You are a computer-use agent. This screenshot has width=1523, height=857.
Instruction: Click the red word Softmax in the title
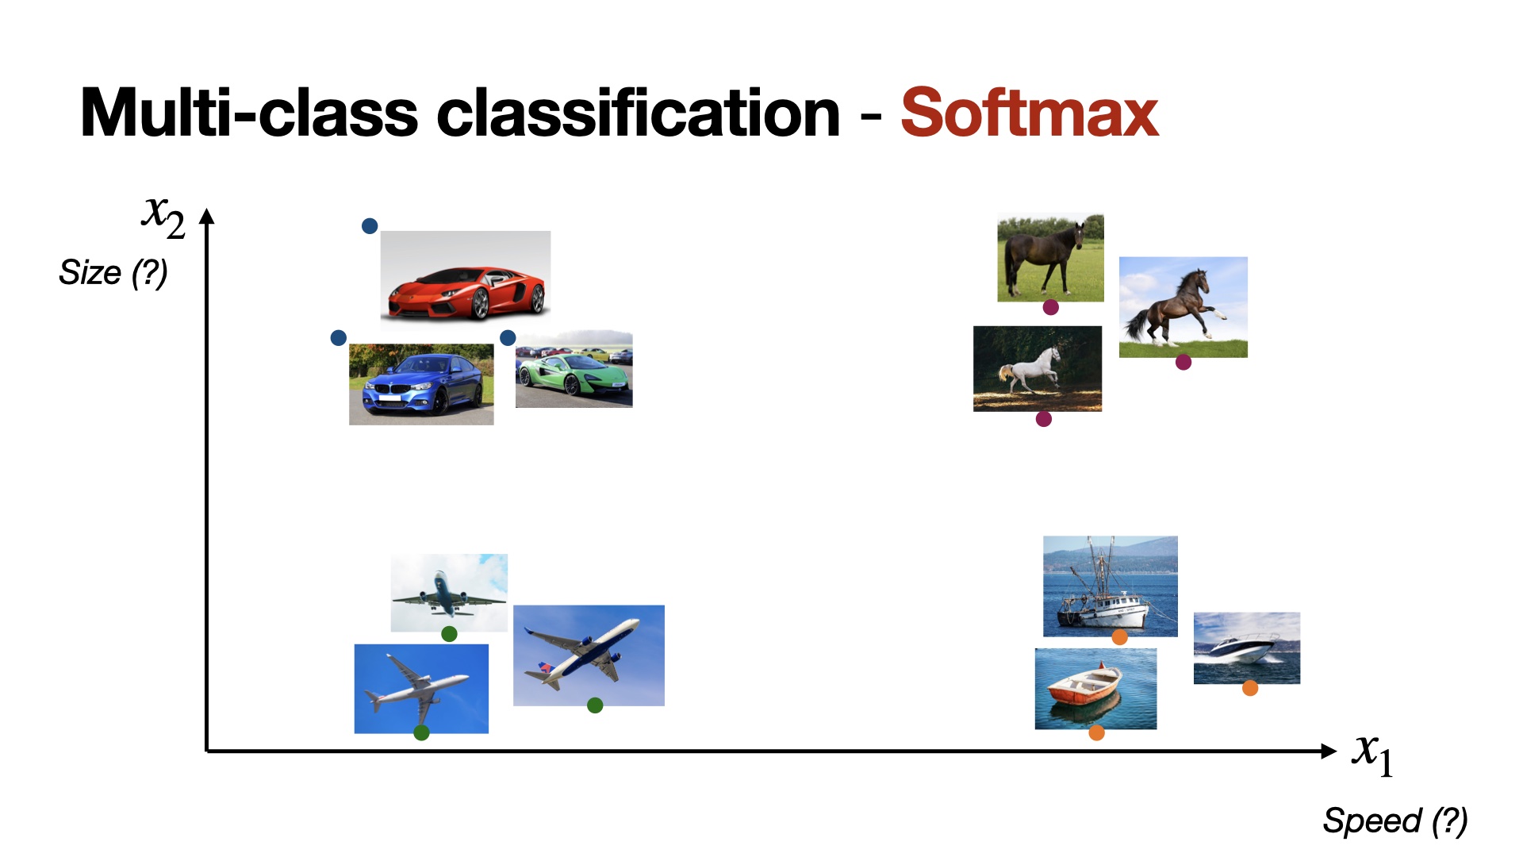point(1029,113)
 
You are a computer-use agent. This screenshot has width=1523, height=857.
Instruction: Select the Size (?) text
point(113,273)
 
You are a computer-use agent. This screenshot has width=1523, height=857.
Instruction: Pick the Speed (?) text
point(1395,820)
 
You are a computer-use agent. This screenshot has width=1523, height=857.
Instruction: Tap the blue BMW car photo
point(421,384)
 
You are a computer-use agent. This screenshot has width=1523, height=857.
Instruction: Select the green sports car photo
point(574,370)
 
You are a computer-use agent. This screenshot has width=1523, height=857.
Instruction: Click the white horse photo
point(1038,368)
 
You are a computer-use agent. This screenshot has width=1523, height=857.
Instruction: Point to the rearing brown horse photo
point(1183,307)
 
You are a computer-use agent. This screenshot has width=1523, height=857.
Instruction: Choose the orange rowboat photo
point(1096,689)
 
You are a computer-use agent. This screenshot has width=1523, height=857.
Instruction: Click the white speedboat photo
point(1247,648)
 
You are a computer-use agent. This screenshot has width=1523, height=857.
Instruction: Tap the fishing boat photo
point(1111,586)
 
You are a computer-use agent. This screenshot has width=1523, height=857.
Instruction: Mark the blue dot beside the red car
point(370,226)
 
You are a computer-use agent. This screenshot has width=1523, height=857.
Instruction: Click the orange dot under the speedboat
point(1250,688)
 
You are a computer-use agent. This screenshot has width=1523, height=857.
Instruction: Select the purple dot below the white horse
point(1044,419)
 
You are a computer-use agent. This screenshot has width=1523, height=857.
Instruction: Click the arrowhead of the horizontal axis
point(1329,751)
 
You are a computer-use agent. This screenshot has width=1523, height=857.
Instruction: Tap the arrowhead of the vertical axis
point(207,216)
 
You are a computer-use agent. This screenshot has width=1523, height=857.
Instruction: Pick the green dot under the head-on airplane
point(449,634)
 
